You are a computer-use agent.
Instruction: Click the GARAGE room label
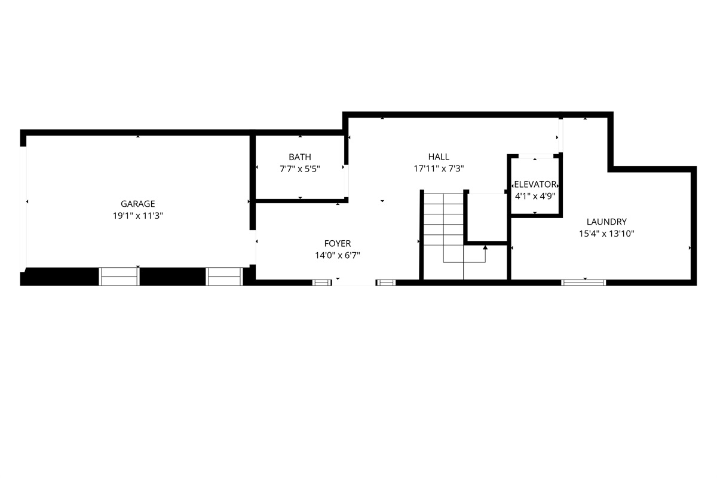pos(137,204)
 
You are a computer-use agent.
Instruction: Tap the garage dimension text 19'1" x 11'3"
pos(137,216)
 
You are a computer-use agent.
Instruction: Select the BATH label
pos(300,157)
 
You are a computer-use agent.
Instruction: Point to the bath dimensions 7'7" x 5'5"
pos(300,168)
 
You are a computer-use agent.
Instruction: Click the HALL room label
pos(439,157)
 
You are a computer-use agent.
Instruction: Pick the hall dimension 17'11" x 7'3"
pos(439,168)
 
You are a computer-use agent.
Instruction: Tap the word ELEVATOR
pos(535,184)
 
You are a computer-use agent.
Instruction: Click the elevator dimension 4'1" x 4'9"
pos(535,196)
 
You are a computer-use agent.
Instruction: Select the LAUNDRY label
pos(606,222)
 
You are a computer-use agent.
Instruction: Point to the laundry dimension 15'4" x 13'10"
pos(606,234)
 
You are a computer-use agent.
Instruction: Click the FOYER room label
pos(338,243)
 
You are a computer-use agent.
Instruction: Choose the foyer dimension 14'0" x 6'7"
pos(338,255)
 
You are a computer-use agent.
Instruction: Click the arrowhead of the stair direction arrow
pos(485,247)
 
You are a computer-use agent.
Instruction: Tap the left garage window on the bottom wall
pos(119,276)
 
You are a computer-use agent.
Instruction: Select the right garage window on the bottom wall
pos(224,276)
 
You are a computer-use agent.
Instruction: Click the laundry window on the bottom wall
pos(583,283)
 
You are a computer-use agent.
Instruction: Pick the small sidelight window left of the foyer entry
pos(322,283)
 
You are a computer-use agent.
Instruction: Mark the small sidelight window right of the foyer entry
pos(386,283)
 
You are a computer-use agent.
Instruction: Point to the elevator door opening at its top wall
pos(536,156)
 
